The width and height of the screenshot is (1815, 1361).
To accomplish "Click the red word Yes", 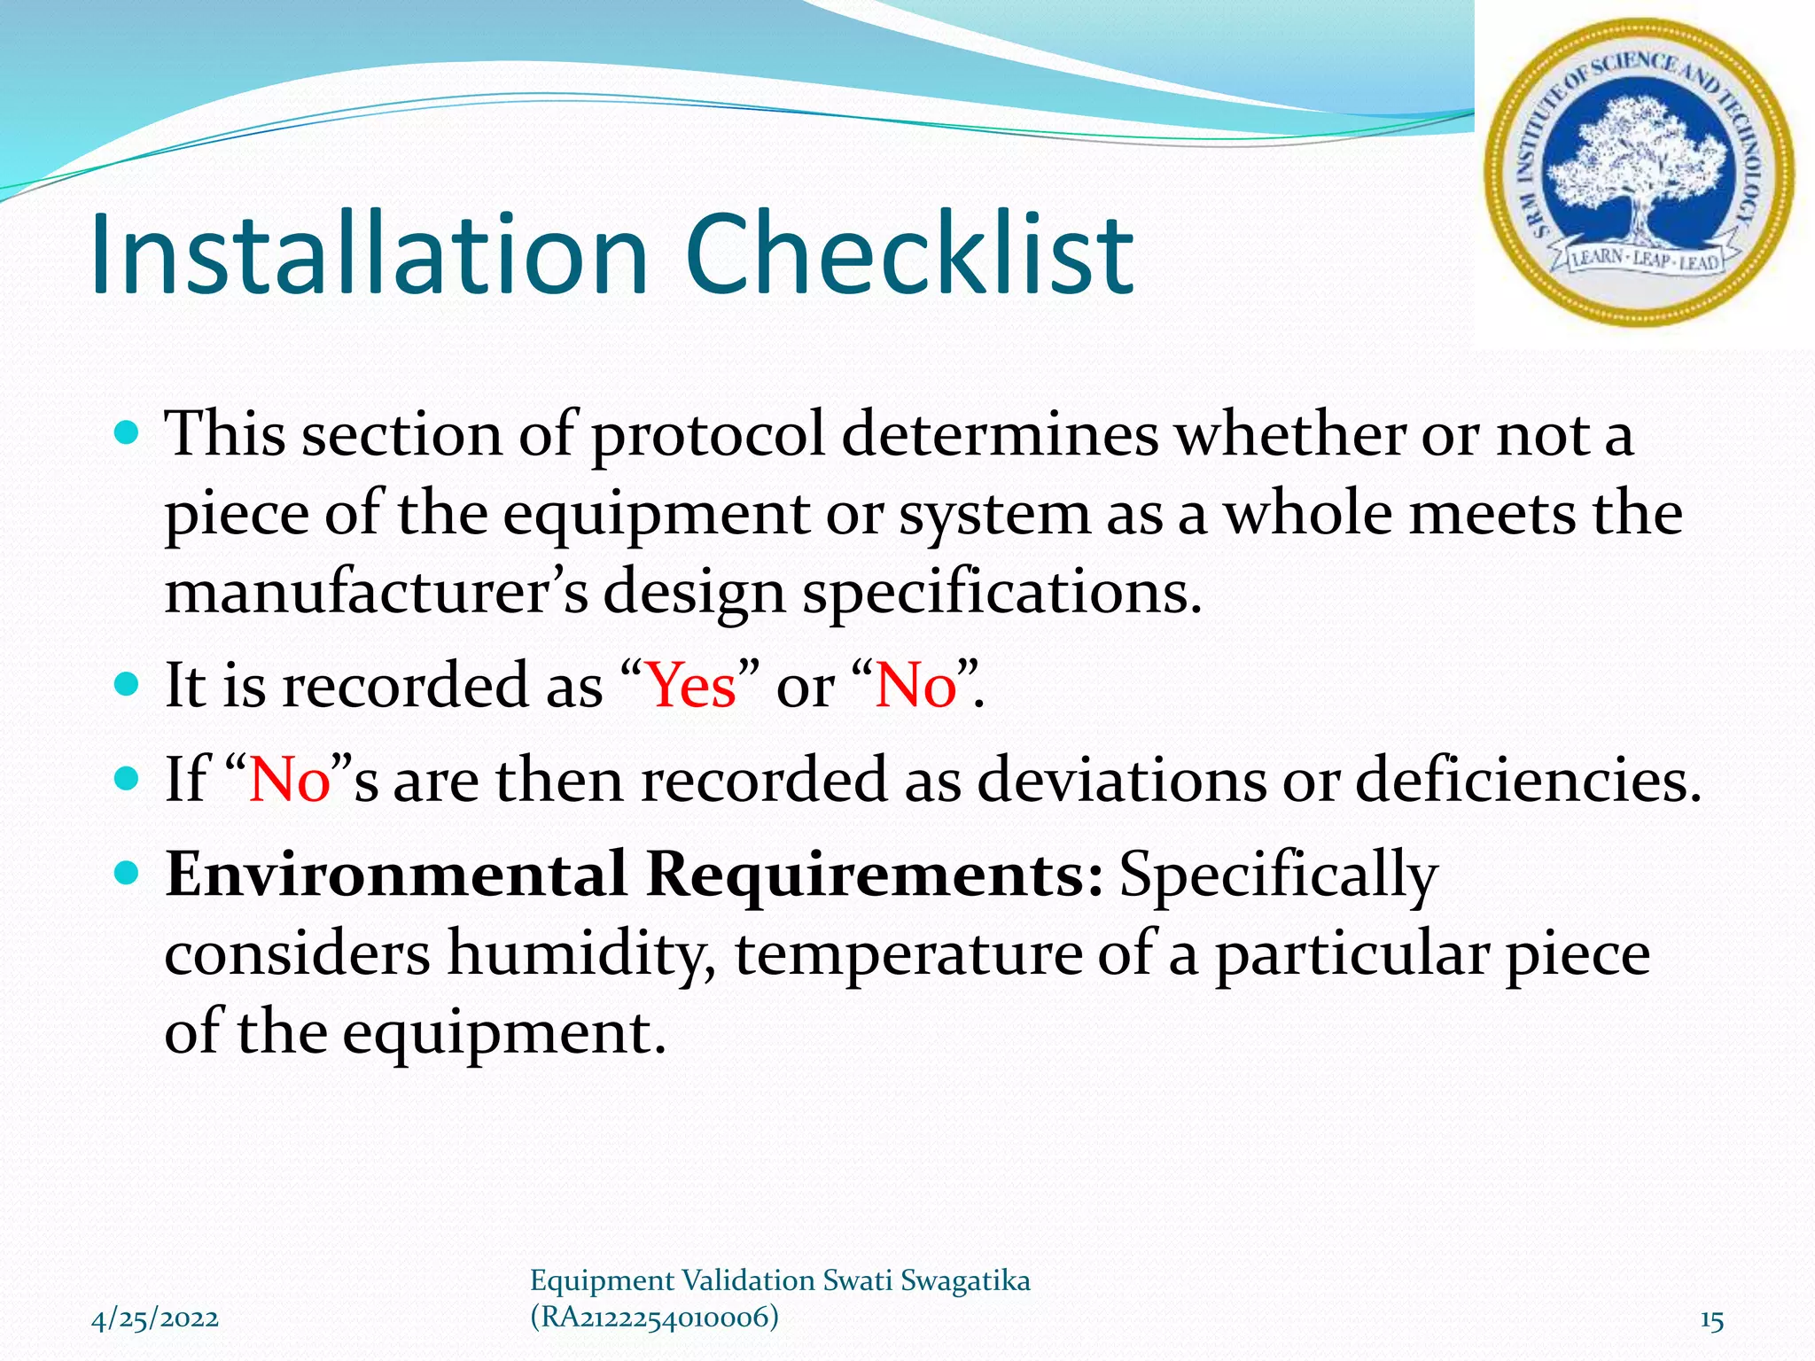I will [x=691, y=686].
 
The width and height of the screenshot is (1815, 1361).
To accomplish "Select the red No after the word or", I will [x=915, y=686].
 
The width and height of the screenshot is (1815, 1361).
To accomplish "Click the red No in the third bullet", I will [x=290, y=780].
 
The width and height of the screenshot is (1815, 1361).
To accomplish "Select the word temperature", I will [x=908, y=954].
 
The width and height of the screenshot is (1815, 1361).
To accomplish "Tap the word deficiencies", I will [x=1528, y=780].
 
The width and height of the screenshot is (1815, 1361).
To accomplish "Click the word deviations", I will [x=1121, y=780].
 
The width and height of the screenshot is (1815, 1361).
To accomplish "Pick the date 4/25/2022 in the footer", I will [x=155, y=1319].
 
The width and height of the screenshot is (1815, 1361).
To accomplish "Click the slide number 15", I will [x=1711, y=1321].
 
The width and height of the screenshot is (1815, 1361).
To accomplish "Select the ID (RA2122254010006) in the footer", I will [x=654, y=1318].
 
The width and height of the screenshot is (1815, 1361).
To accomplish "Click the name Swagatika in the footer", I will [x=965, y=1280].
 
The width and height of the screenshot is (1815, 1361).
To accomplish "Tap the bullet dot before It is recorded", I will [x=128, y=685].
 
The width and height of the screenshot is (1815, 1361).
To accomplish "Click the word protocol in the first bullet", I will [x=708, y=436].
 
